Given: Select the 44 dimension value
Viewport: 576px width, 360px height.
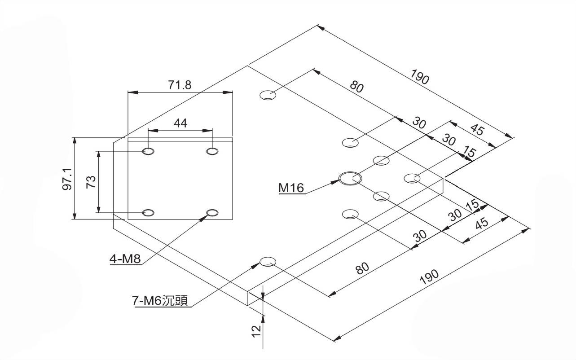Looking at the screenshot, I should point(180,123).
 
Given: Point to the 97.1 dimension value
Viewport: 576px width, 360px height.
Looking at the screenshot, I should point(67,179).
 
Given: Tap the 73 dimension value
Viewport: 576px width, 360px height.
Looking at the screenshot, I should point(91,182).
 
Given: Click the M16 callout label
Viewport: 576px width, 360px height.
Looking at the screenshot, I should point(291,188).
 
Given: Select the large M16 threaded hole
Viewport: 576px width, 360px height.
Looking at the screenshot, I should point(350,178).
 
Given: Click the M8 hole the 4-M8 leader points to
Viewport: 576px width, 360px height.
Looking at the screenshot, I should point(212,212).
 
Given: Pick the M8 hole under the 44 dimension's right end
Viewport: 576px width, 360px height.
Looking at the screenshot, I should point(212,151).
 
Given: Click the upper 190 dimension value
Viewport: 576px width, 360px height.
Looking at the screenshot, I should point(420,78).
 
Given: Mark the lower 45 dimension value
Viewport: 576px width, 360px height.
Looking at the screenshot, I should point(482,223).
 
